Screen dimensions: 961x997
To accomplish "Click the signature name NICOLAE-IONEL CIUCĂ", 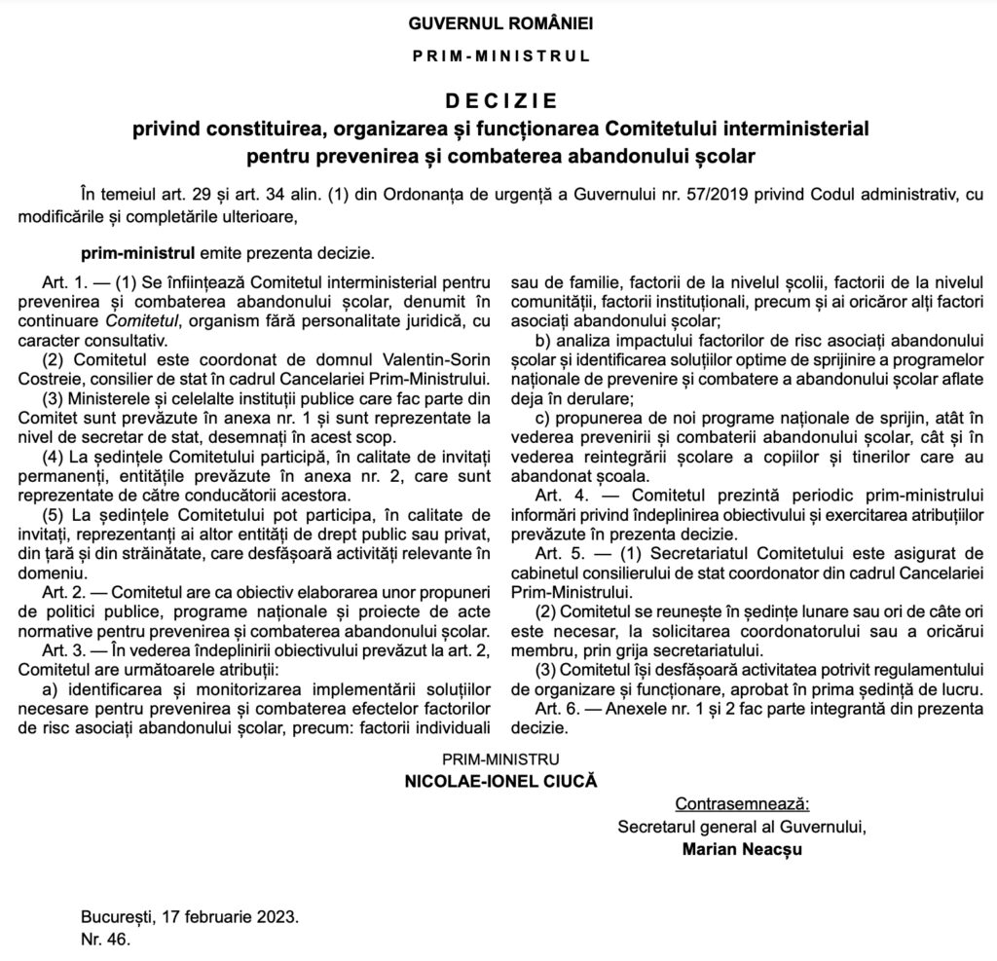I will pyautogui.click(x=499, y=780).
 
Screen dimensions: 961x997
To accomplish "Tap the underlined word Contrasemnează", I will pyautogui.click(x=742, y=804).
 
